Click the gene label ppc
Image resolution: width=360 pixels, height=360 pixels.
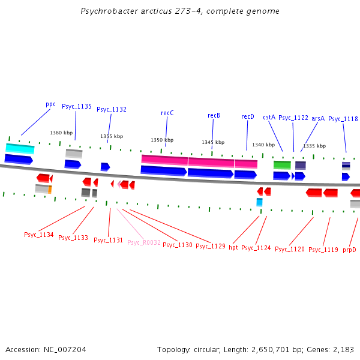[x=50, y=104]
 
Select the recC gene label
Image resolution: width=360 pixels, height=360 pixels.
[x=167, y=113]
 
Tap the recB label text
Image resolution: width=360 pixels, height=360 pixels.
[x=214, y=115]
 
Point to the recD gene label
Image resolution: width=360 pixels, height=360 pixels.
[x=247, y=116]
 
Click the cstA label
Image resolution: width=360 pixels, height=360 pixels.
[x=269, y=118]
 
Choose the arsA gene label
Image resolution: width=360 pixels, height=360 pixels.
[x=318, y=118]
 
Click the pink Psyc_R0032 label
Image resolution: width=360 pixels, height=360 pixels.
[x=144, y=242]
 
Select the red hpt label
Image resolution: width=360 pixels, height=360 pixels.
[x=233, y=247]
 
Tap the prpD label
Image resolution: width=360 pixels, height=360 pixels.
[x=349, y=249]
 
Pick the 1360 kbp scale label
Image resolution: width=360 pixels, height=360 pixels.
[x=61, y=133]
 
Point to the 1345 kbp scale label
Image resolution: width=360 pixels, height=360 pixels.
[x=213, y=142]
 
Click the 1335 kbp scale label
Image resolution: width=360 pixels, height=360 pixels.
[x=314, y=146]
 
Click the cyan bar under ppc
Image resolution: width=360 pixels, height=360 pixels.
[x=20, y=148]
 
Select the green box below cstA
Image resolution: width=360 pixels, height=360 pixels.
[x=282, y=164]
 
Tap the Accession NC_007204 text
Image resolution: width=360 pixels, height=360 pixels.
[x=46, y=349]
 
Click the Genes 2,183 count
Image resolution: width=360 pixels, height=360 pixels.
[x=337, y=349]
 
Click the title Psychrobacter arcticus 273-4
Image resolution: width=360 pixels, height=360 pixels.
[x=180, y=11]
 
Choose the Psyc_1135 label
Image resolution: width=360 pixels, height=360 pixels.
[x=77, y=106]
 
